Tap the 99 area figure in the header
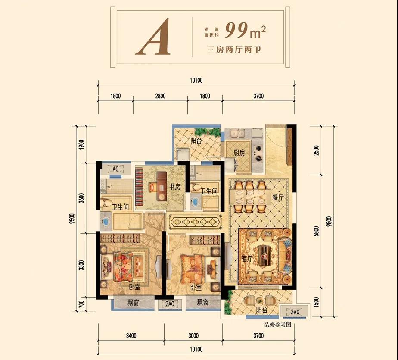coord(236,30)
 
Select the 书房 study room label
coord(175,187)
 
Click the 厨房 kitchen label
coord(239,153)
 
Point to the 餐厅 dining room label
coord(278,197)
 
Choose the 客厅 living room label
coord(247,259)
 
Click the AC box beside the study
coord(115,169)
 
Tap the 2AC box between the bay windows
coord(170,304)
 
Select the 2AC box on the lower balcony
coord(295,312)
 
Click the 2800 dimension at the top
coord(160,96)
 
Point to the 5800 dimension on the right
coord(316,231)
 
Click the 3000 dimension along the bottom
coord(193,335)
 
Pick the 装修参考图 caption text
coord(278,325)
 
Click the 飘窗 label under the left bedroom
coord(133,303)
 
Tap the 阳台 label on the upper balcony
coord(196,141)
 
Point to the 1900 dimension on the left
coord(81,144)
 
